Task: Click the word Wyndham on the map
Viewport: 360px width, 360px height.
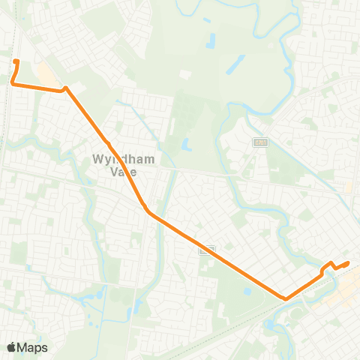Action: click(112, 159)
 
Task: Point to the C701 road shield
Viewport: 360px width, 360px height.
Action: click(260, 142)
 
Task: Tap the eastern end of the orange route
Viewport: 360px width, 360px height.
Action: click(349, 262)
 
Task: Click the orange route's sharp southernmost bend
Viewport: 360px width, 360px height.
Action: click(286, 298)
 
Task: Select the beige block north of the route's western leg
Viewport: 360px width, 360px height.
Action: click(45, 76)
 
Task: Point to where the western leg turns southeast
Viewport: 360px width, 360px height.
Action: click(66, 88)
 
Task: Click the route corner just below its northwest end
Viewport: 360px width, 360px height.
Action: click(13, 84)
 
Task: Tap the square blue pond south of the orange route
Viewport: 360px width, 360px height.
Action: click(248, 291)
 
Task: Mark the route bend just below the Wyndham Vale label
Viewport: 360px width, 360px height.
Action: click(147, 211)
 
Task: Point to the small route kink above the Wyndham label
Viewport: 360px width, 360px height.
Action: click(108, 142)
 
